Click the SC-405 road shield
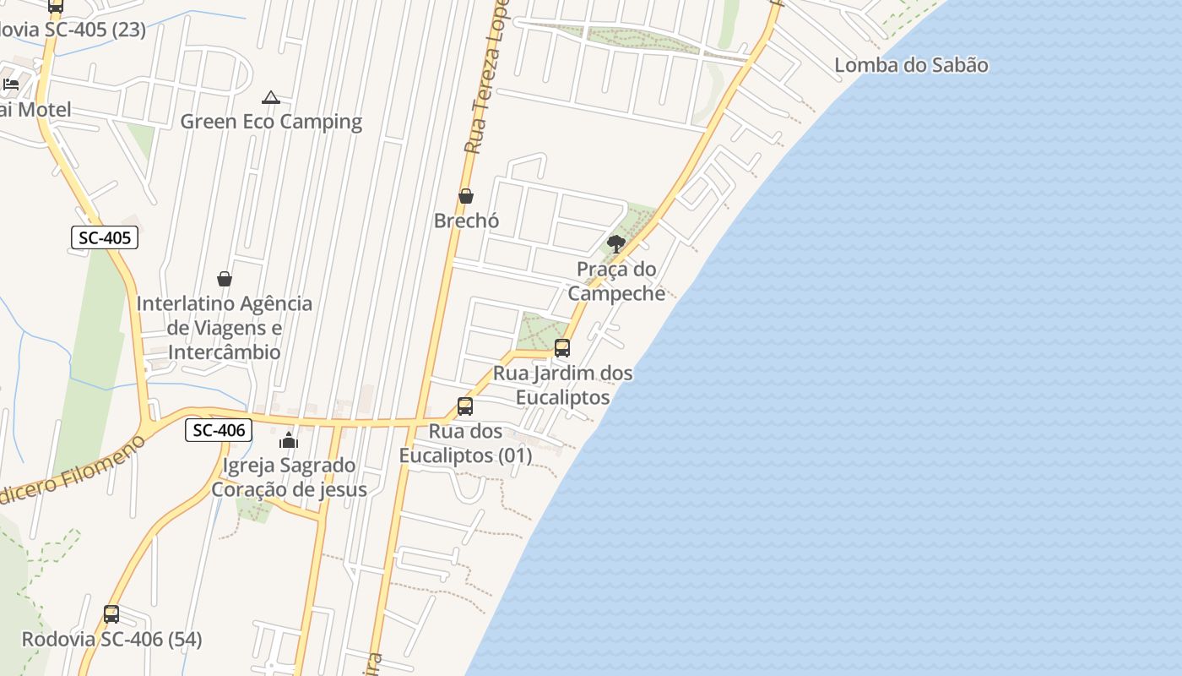pos(105,238)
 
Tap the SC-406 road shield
pos(219,430)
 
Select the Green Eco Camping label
pos(271,122)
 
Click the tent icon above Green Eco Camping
pos(270,98)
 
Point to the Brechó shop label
pos(466,221)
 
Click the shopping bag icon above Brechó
pos(465,196)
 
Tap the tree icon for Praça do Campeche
pos(616,244)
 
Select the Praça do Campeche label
pos(616,281)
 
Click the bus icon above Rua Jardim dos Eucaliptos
pos(561,347)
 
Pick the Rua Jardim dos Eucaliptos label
pos(563,384)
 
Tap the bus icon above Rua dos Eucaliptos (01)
pos(464,406)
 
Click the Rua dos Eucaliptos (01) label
pos(466,443)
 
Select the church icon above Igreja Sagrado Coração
pos(289,440)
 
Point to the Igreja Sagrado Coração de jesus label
pos(289,477)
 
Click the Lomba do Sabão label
pos(911,65)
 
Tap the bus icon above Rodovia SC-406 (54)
pos(111,614)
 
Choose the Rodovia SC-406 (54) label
pos(111,640)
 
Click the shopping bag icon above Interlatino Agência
pos(225,278)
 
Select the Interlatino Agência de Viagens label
pos(225,327)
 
